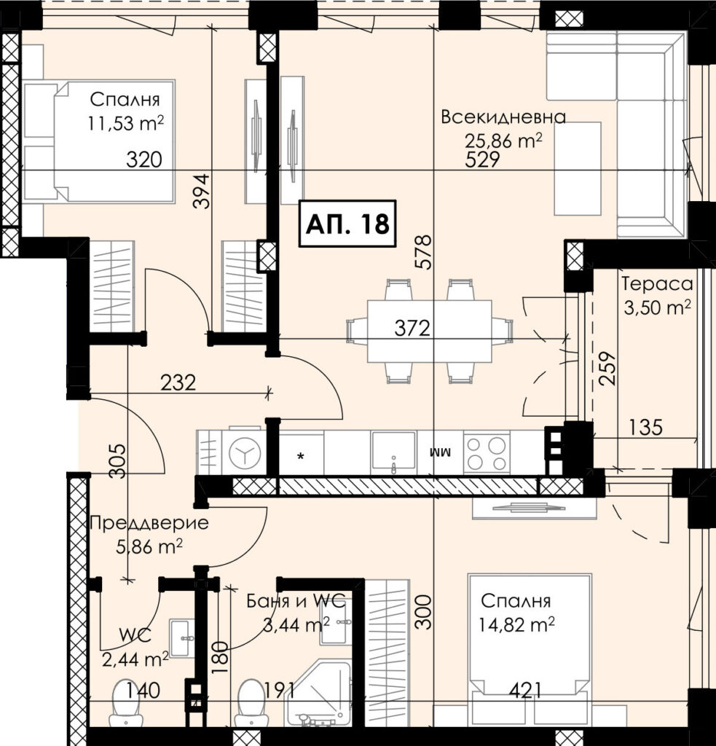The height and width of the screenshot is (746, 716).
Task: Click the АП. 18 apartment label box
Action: pyautogui.click(x=347, y=224)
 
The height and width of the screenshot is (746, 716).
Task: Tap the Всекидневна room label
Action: pyautogui.click(x=503, y=117)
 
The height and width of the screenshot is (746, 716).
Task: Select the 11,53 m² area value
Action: pyautogui.click(x=125, y=123)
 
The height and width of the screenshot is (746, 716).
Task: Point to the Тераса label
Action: pyautogui.click(x=657, y=284)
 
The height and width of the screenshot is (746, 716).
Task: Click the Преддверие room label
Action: pyautogui.click(x=149, y=523)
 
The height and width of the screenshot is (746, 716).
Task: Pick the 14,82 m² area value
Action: pyautogui.click(x=516, y=624)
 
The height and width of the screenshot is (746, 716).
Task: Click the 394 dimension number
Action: pyautogui.click(x=201, y=191)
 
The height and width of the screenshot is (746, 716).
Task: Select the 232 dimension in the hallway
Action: pyautogui.click(x=178, y=382)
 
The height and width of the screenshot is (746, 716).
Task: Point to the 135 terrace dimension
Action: pyautogui.click(x=645, y=427)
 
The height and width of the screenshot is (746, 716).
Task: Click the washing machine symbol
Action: pyautogui.click(x=245, y=453)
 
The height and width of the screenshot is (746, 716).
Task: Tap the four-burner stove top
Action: pyautogui.click(x=487, y=453)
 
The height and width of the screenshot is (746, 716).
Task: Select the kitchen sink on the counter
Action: pyautogui.click(x=393, y=452)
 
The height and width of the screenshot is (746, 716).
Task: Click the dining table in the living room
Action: pyautogui.click(x=429, y=331)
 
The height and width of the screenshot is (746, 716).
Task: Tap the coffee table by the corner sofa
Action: pyautogui.click(x=578, y=168)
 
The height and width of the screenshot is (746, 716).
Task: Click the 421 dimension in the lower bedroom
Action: pyautogui.click(x=525, y=691)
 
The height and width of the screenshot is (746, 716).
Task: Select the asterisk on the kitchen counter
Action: pyautogui.click(x=301, y=457)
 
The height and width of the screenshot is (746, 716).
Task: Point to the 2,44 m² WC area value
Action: pyautogui.click(x=135, y=659)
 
